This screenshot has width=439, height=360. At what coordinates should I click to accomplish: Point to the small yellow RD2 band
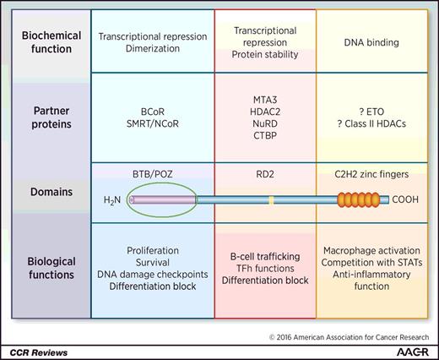click(271, 201)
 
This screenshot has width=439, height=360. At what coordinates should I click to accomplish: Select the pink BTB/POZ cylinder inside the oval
click(157, 201)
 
